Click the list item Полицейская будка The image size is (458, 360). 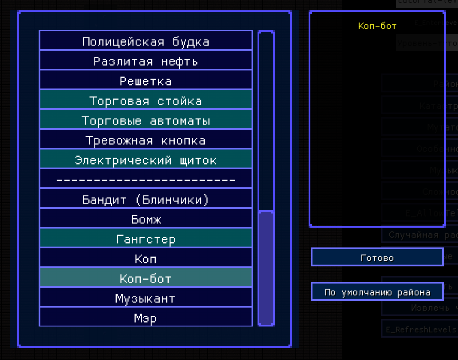point(146,41)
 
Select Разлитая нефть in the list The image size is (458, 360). point(146,61)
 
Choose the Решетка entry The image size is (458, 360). point(146,81)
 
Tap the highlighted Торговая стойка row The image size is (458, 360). point(146,101)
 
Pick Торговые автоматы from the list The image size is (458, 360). point(146,120)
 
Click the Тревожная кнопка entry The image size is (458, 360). point(146,140)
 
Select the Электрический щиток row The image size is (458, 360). point(146,160)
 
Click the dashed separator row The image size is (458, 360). point(146,180)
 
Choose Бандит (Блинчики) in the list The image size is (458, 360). point(146,199)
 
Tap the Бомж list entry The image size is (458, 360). point(146,219)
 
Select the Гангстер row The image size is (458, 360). point(146,239)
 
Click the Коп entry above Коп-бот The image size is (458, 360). point(146,259)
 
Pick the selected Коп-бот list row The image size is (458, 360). point(146,278)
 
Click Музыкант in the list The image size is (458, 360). point(146,298)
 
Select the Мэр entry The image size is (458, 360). point(146,318)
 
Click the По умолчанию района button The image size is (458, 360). point(377,292)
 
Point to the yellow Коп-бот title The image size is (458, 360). point(377,26)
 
